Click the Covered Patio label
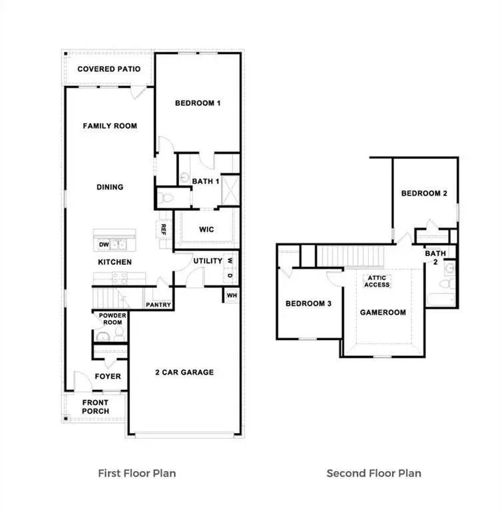[x=109, y=69]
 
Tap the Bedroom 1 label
[x=198, y=103]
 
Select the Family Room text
[x=110, y=126]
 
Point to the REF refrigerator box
[x=163, y=229]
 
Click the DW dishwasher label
[x=103, y=245]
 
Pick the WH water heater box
[x=232, y=295]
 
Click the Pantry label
[x=158, y=305]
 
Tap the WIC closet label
[x=206, y=230]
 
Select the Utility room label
[x=208, y=261]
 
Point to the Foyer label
[x=108, y=377]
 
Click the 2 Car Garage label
[x=184, y=372]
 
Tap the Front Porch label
[x=95, y=407]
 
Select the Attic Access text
[x=376, y=281]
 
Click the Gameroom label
[x=383, y=311]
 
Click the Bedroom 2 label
[x=423, y=194]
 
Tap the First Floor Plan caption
[x=137, y=474]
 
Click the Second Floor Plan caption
[x=374, y=474]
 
